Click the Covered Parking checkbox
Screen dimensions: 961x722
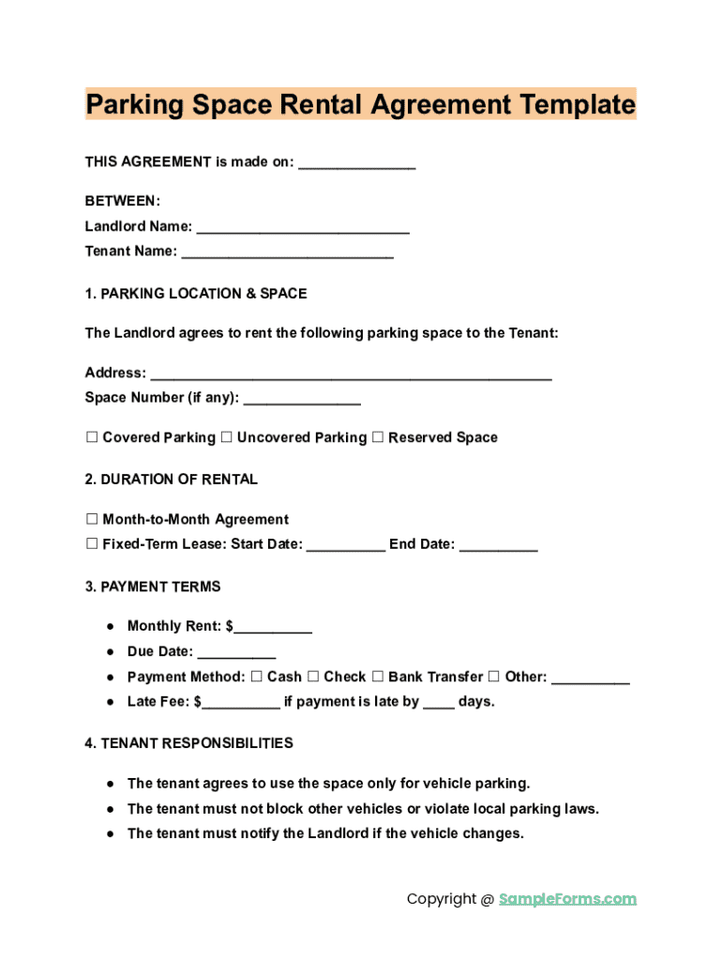tap(92, 437)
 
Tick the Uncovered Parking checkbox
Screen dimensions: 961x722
tap(226, 437)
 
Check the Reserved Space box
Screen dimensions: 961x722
tap(378, 437)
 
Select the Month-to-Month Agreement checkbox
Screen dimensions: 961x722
tap(92, 519)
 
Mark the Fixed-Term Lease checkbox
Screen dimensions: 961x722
tap(92, 544)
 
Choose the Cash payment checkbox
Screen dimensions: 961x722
tap(257, 677)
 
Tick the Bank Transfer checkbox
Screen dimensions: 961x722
tap(378, 677)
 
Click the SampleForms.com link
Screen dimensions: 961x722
tap(567, 899)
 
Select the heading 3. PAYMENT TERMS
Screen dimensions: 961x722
tap(153, 587)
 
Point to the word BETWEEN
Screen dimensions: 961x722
tap(123, 201)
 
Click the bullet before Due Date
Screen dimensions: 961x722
tap(111, 651)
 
